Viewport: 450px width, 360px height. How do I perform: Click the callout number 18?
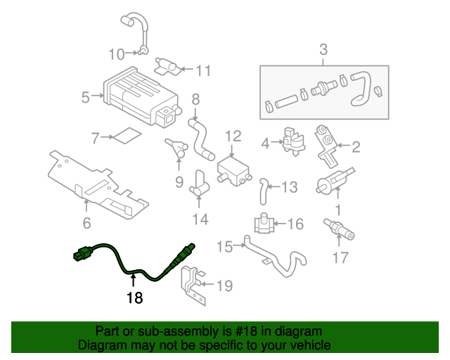click(x=134, y=298)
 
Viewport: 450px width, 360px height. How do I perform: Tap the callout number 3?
click(x=323, y=50)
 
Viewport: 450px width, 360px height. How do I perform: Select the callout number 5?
click(x=85, y=98)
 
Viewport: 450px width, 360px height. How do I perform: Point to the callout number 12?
click(x=233, y=136)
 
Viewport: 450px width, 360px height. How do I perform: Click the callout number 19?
click(x=224, y=285)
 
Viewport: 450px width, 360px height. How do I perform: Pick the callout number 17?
click(x=340, y=257)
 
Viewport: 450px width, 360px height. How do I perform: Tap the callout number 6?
click(x=86, y=224)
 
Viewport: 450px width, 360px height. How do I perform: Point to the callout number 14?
click(x=200, y=219)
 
